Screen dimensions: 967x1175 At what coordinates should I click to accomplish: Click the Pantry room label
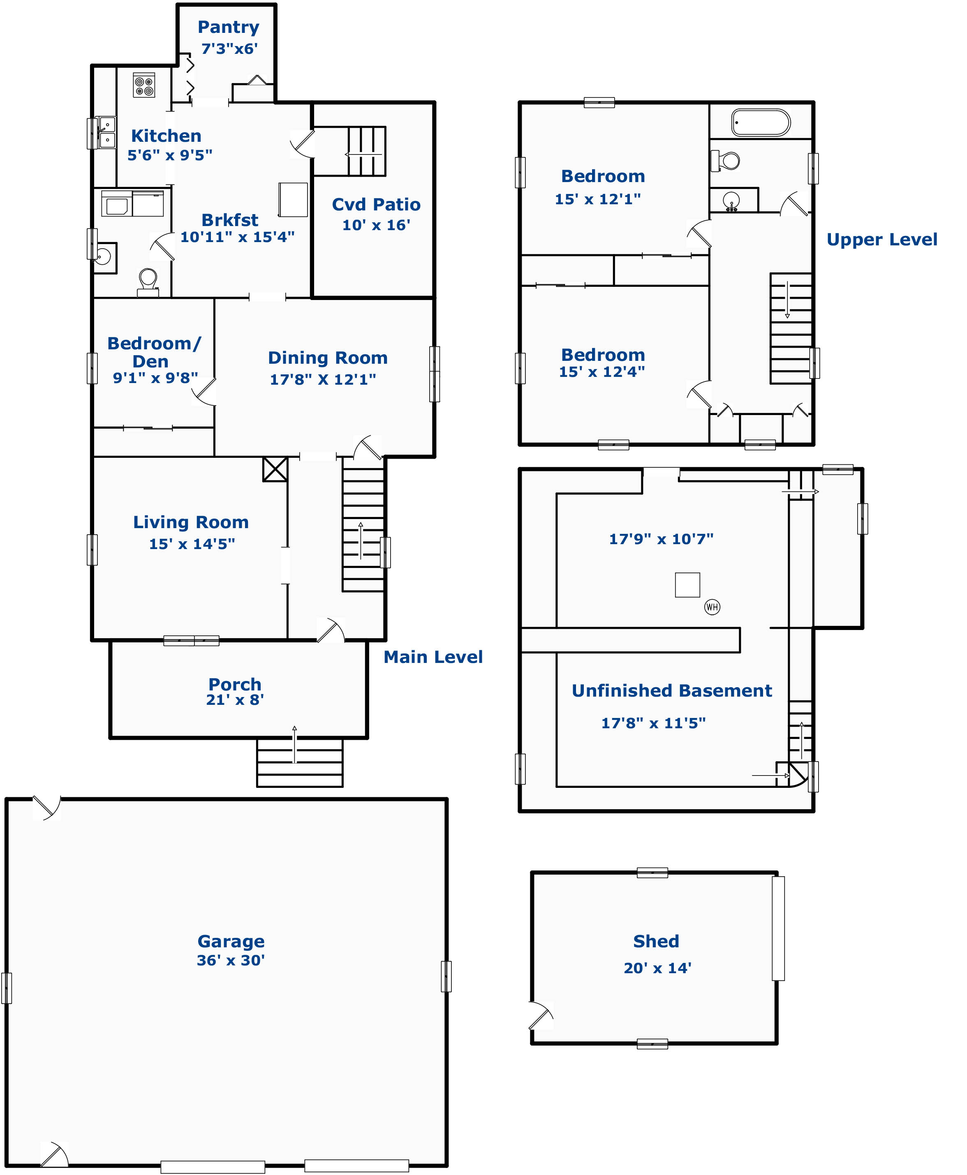pos(228,27)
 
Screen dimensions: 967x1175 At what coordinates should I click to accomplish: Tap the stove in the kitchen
pos(144,85)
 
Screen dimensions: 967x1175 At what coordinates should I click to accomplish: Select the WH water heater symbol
pos(712,607)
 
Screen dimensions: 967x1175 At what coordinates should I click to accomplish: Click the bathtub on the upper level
pos(761,122)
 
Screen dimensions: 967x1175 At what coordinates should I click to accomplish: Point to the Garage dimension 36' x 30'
pos(231,960)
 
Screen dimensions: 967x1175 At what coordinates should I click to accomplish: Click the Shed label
pos(656,941)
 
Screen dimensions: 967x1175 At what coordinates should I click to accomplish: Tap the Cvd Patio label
pos(376,204)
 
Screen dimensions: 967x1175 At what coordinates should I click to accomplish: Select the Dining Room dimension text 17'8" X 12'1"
pos(323,379)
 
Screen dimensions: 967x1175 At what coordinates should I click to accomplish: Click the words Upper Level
pos(882,240)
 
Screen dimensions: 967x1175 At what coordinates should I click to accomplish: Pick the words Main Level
pos(433,657)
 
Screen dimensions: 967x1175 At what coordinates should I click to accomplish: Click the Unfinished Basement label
pos(672,690)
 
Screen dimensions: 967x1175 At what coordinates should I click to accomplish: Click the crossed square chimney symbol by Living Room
pos(275,469)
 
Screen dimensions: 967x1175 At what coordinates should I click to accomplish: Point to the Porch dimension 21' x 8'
pos(235,699)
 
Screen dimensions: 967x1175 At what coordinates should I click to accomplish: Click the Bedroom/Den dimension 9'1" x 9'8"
pos(155,378)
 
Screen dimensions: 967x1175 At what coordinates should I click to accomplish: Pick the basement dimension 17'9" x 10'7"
pos(661,539)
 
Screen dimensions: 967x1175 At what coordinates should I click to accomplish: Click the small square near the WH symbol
pos(687,585)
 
